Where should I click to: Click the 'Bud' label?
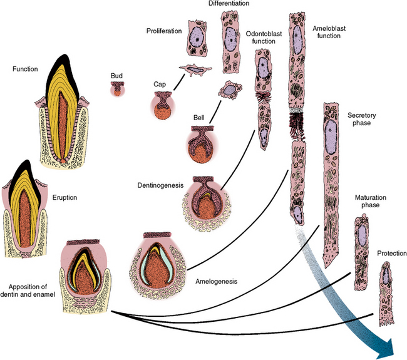click(x=116, y=76)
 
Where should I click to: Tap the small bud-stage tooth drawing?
click(x=116, y=90)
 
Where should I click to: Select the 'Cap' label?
click(x=160, y=83)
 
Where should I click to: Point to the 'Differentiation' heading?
click(x=227, y=4)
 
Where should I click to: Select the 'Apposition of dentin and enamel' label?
click(x=28, y=276)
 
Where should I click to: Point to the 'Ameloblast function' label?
click(x=326, y=31)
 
